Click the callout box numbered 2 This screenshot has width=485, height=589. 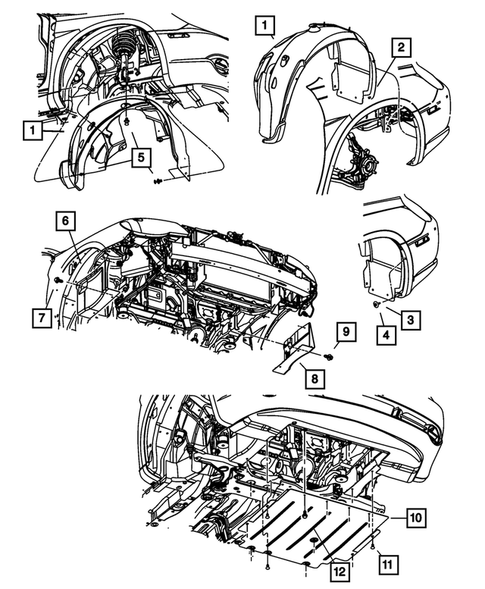(401, 47)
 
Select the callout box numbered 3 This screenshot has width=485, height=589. (410, 320)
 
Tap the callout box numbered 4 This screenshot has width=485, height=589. (387, 335)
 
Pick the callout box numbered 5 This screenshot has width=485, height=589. (141, 158)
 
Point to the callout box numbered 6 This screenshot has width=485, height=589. (65, 221)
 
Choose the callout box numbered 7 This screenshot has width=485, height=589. (41, 318)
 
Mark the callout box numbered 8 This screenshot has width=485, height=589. (314, 379)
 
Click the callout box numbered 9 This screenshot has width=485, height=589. (346, 331)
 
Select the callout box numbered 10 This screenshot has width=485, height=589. (416, 518)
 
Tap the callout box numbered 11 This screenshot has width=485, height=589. (388, 564)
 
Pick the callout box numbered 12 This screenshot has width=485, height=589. (339, 572)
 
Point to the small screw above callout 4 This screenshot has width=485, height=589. (376, 303)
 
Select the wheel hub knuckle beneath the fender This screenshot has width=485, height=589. (364, 162)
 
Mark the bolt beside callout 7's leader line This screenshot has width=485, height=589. (58, 280)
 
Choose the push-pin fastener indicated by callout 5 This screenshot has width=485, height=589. (157, 182)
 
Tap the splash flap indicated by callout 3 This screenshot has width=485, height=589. (380, 277)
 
